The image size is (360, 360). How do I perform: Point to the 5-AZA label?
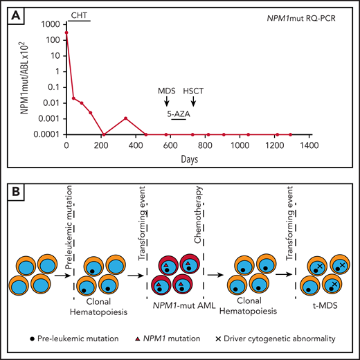(178, 110)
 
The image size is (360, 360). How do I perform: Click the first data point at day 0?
(66, 32)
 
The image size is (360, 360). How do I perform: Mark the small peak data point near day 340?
(125, 118)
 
